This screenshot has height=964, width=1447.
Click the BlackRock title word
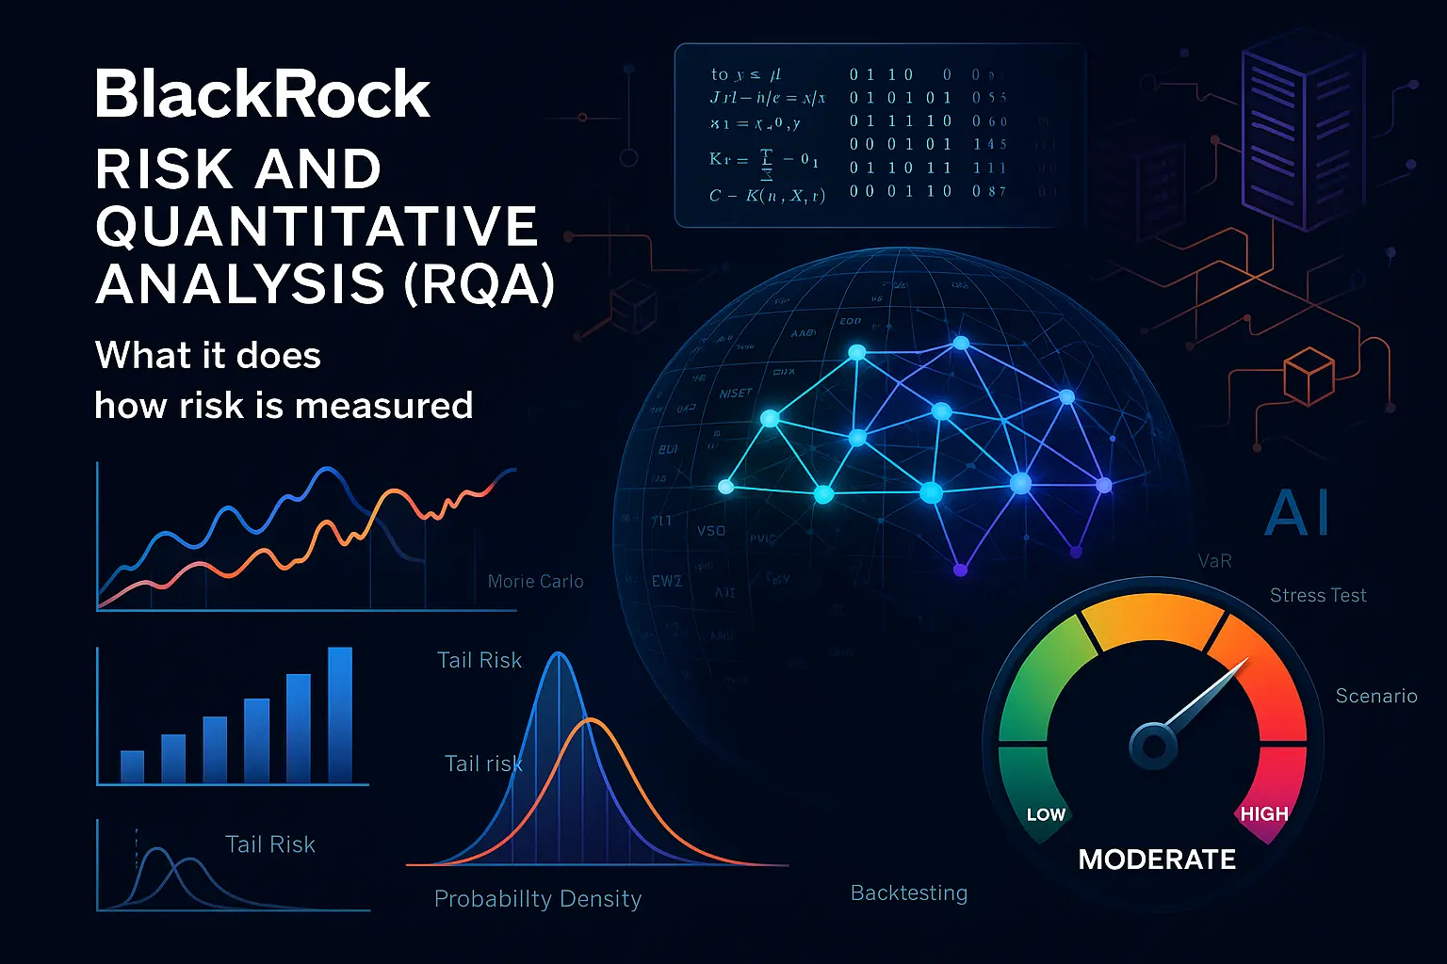pos(262,94)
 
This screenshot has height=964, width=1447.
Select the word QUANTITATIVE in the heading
pos(317,227)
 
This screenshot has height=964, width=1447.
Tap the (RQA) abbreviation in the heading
pos(479,284)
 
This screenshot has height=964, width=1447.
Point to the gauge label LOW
pos(1046,814)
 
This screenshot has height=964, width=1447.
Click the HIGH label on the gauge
pos(1263,814)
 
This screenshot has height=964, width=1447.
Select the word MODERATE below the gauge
pos(1157,860)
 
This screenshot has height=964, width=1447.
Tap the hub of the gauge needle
pos(1153,747)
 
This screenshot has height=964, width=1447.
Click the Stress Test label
pos(1317,595)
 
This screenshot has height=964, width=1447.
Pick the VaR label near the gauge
pos(1214,561)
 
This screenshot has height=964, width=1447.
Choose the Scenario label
pos(1375,696)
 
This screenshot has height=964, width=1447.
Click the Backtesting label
pos(908,892)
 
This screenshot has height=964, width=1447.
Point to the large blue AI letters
pos(1297,514)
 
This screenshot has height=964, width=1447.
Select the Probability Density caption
pos(537,899)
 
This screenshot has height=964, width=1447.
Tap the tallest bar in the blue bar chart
pos(339,715)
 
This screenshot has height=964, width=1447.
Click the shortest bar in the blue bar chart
pos(133,766)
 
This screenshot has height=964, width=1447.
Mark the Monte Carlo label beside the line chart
pos(535,582)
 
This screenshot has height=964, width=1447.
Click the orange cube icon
pos(1309,376)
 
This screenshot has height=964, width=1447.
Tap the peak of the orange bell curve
pos(591,721)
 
